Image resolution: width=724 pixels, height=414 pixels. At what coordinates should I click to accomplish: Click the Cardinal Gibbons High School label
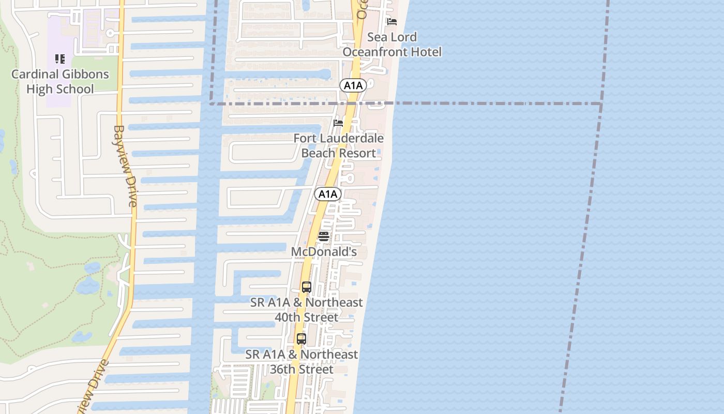(60, 81)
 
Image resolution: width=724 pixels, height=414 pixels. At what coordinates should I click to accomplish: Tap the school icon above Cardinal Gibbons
(60, 59)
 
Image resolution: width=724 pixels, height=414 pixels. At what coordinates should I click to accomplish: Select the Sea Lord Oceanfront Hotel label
(392, 45)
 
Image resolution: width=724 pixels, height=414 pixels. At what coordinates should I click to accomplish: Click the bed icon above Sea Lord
(392, 22)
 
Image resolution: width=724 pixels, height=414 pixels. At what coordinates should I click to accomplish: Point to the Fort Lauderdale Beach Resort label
(339, 145)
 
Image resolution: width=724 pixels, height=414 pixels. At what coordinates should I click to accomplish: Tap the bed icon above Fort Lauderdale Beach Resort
(338, 123)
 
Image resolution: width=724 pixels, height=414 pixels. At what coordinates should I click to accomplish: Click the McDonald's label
(324, 252)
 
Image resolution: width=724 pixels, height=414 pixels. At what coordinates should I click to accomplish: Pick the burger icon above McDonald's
(324, 236)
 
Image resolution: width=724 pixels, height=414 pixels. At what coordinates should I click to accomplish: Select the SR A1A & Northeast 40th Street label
(306, 309)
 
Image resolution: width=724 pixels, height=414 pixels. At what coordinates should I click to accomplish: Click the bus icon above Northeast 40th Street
(306, 287)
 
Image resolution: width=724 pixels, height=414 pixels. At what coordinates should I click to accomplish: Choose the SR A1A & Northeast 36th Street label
(301, 362)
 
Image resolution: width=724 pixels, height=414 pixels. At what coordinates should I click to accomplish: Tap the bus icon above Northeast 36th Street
(301, 339)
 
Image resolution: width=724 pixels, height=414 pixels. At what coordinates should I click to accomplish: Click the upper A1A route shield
(353, 85)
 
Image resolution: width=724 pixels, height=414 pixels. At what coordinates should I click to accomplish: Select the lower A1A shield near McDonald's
(328, 194)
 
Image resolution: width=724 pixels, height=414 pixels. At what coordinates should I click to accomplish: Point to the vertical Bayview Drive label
(126, 166)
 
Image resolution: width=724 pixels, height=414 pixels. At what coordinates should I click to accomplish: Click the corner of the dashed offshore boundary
(601, 104)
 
